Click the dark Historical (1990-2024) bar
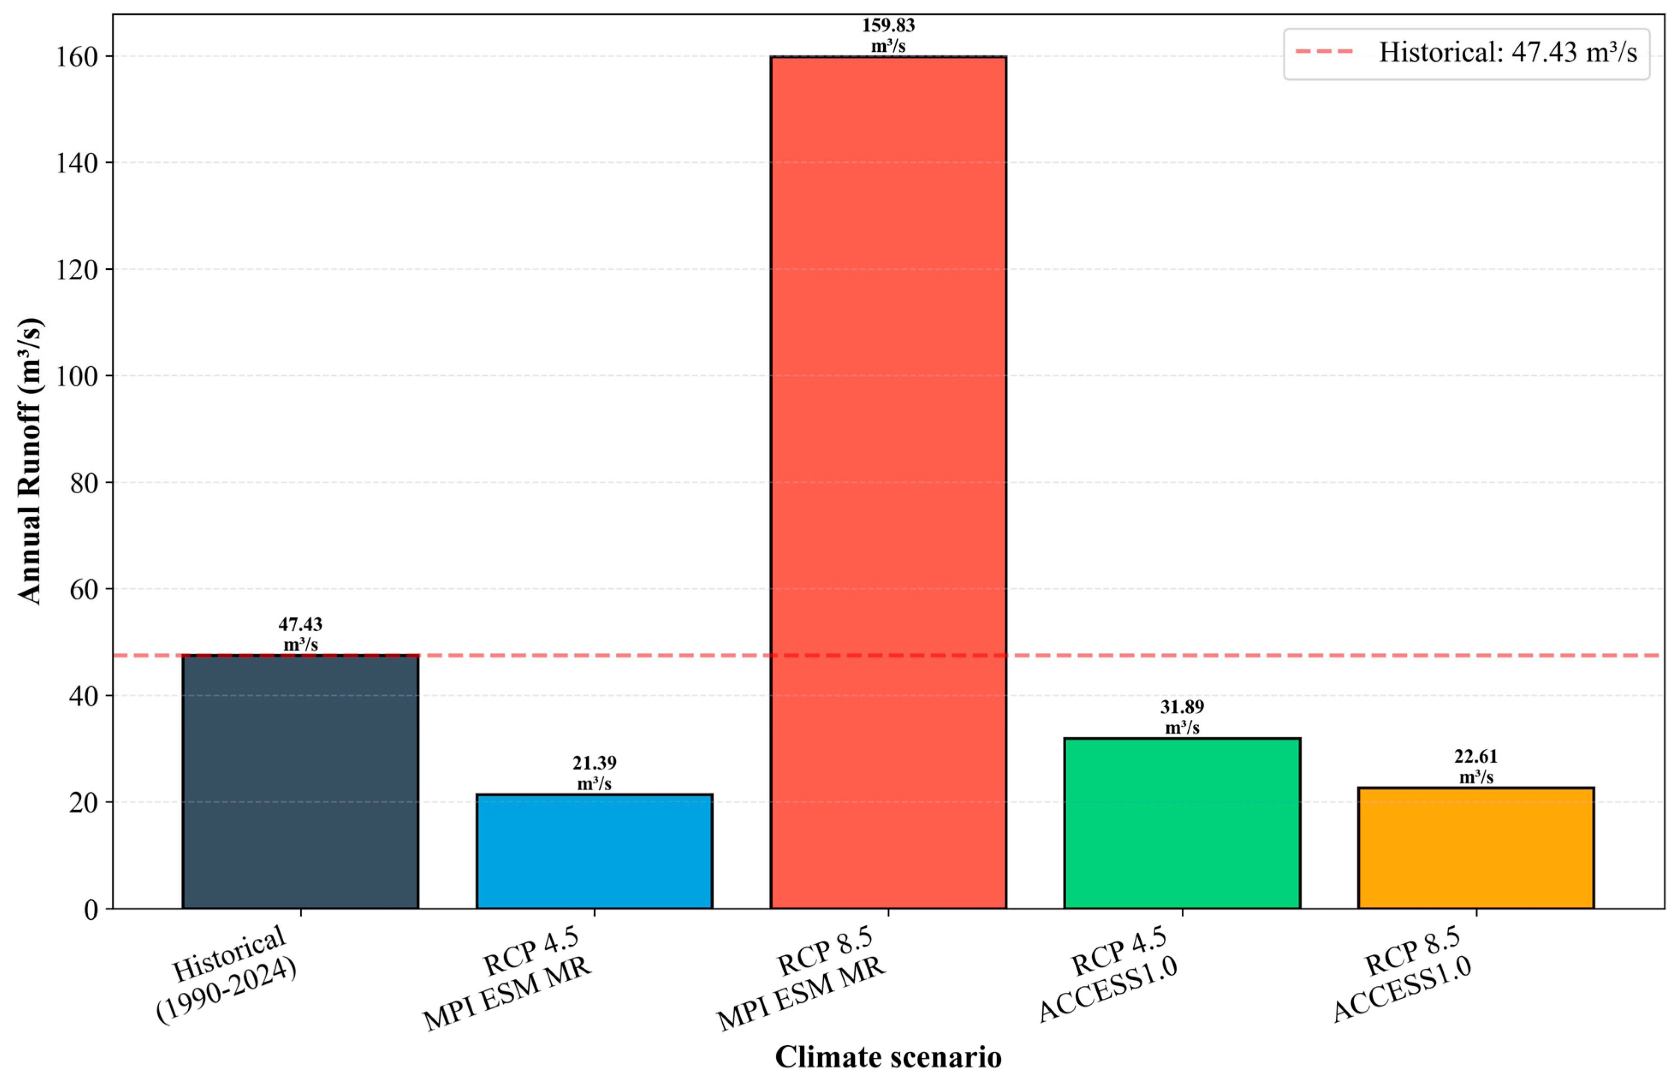tap(300, 782)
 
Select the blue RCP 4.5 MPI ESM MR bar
tap(594, 852)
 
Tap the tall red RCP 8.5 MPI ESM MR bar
tap(888, 483)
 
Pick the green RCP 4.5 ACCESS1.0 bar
tap(1182, 823)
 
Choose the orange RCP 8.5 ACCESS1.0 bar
tap(1476, 848)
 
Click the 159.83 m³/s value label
tap(888, 35)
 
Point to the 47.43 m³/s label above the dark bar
tap(300, 634)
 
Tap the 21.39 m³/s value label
tap(594, 773)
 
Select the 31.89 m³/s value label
tap(1182, 717)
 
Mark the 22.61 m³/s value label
tap(1476, 766)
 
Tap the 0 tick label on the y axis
tap(91, 910)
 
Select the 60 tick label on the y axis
tap(84, 589)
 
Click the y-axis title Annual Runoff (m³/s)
tap(30, 461)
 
